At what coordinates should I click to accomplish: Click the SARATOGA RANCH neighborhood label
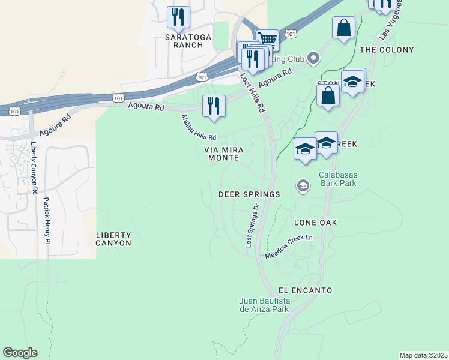tap(188, 41)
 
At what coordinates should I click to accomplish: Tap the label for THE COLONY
tap(387, 50)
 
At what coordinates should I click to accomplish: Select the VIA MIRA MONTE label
tap(223, 154)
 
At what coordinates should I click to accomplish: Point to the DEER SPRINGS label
tap(249, 194)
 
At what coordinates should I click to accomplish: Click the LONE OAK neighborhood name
tap(315, 223)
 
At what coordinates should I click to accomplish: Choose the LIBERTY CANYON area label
tap(113, 239)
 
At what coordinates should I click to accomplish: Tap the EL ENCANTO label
tap(305, 290)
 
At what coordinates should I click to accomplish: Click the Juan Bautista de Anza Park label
tap(264, 305)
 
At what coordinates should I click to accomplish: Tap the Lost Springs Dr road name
tap(252, 226)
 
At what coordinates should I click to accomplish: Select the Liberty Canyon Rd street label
tap(34, 169)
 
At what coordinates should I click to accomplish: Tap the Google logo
tap(20, 353)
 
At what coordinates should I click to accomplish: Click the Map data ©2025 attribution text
tap(423, 355)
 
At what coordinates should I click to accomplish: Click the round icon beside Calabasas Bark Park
tap(303, 187)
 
